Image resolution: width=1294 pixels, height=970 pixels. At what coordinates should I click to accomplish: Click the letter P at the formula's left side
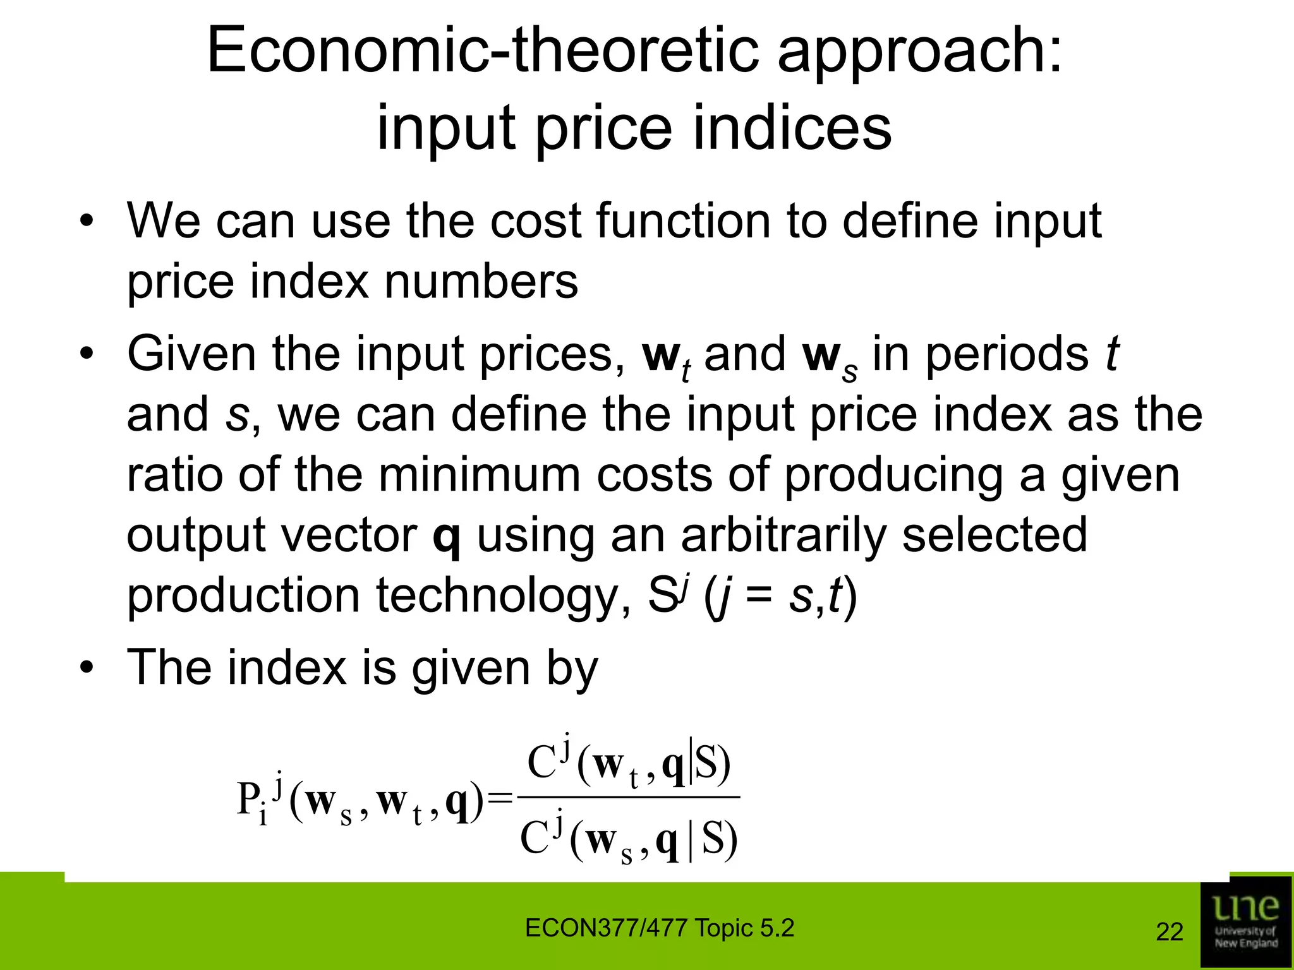(x=248, y=800)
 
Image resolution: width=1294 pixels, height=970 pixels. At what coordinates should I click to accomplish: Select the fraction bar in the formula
(x=628, y=798)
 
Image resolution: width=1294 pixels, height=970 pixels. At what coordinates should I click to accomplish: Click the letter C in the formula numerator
(x=541, y=763)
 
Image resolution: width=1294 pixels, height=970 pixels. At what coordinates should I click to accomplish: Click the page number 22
(x=1169, y=932)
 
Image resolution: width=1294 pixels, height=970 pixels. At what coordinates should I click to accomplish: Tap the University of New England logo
(x=1245, y=922)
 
